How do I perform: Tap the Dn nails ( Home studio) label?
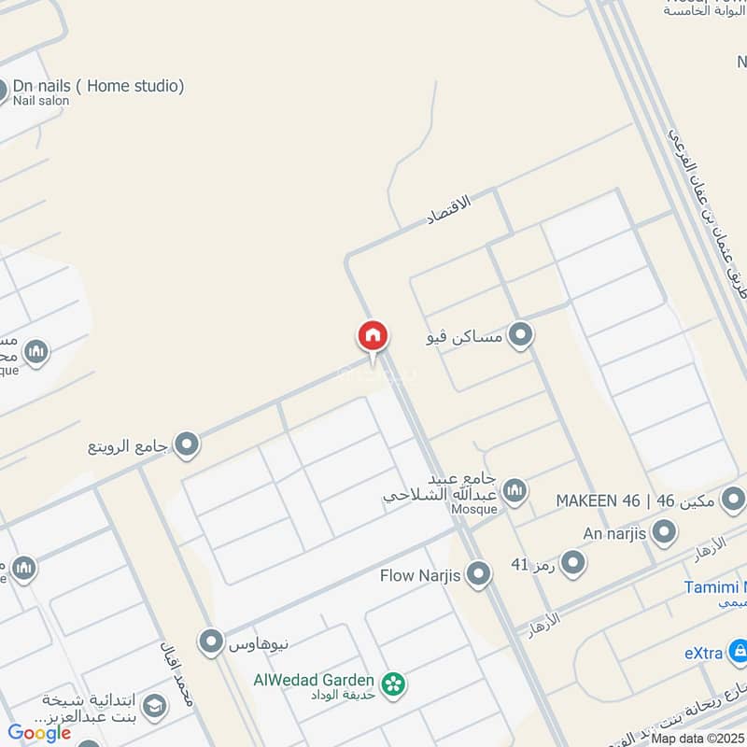[98, 86]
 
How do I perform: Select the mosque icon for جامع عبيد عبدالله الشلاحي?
[514, 489]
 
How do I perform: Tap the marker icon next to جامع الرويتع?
[188, 445]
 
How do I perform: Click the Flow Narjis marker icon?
[479, 574]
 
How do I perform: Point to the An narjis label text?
[614, 533]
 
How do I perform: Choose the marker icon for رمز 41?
[572, 563]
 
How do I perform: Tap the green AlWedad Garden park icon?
[395, 684]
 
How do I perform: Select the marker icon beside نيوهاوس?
[212, 641]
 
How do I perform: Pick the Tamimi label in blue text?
[714, 586]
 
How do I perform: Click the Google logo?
[40, 733]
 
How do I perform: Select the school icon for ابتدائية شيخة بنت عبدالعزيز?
[154, 707]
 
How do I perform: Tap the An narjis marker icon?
[664, 533]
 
